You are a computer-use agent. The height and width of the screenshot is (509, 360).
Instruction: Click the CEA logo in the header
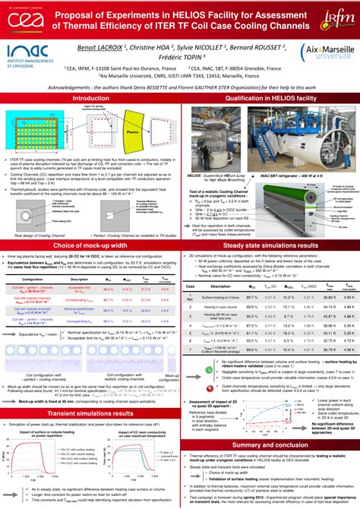coord(21,23)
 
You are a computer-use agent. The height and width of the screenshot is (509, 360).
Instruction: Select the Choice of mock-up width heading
coord(90,225)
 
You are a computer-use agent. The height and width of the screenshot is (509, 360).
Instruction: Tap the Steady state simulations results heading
coord(270,225)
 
